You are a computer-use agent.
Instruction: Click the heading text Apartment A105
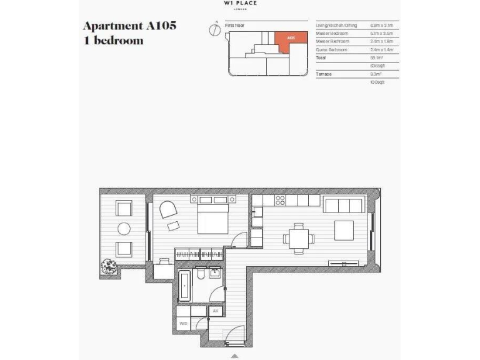[x=129, y=26]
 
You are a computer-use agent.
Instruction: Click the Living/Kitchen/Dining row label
[x=336, y=25]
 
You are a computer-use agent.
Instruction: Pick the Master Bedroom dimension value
[x=381, y=33]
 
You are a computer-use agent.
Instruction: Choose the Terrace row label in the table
[x=324, y=74]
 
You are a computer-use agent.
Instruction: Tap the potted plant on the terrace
[x=110, y=267]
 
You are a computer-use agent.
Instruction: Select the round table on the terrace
[x=124, y=228]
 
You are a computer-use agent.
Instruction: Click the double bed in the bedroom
[x=214, y=216]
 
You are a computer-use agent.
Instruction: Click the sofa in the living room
[x=342, y=206]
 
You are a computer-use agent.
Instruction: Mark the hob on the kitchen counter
[x=281, y=201]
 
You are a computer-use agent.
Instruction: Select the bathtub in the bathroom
[x=185, y=286]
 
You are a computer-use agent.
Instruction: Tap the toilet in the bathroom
[x=200, y=276]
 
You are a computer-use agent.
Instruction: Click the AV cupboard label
[x=216, y=311]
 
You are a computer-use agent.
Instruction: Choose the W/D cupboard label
[x=183, y=324]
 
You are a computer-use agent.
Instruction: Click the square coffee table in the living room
[x=344, y=230]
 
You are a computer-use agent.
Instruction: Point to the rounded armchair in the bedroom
[x=167, y=211]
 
